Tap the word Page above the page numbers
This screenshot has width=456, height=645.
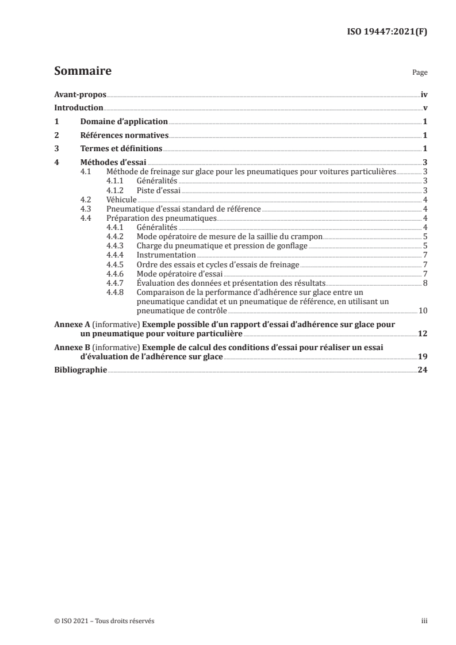(x=420, y=74)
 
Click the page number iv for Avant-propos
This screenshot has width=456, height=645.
(x=424, y=94)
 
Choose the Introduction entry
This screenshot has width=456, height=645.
(x=78, y=108)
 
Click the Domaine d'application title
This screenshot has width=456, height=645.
(x=124, y=122)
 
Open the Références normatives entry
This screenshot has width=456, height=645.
(x=124, y=136)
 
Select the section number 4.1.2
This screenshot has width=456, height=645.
(x=116, y=190)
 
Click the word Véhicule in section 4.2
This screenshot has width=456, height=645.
(x=121, y=199)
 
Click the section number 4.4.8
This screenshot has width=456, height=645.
(x=116, y=291)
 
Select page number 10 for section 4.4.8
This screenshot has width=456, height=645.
(x=423, y=310)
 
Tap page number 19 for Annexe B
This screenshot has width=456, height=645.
(x=423, y=356)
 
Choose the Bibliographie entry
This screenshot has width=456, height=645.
(x=80, y=370)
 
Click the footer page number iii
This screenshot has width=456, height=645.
(x=424, y=621)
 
